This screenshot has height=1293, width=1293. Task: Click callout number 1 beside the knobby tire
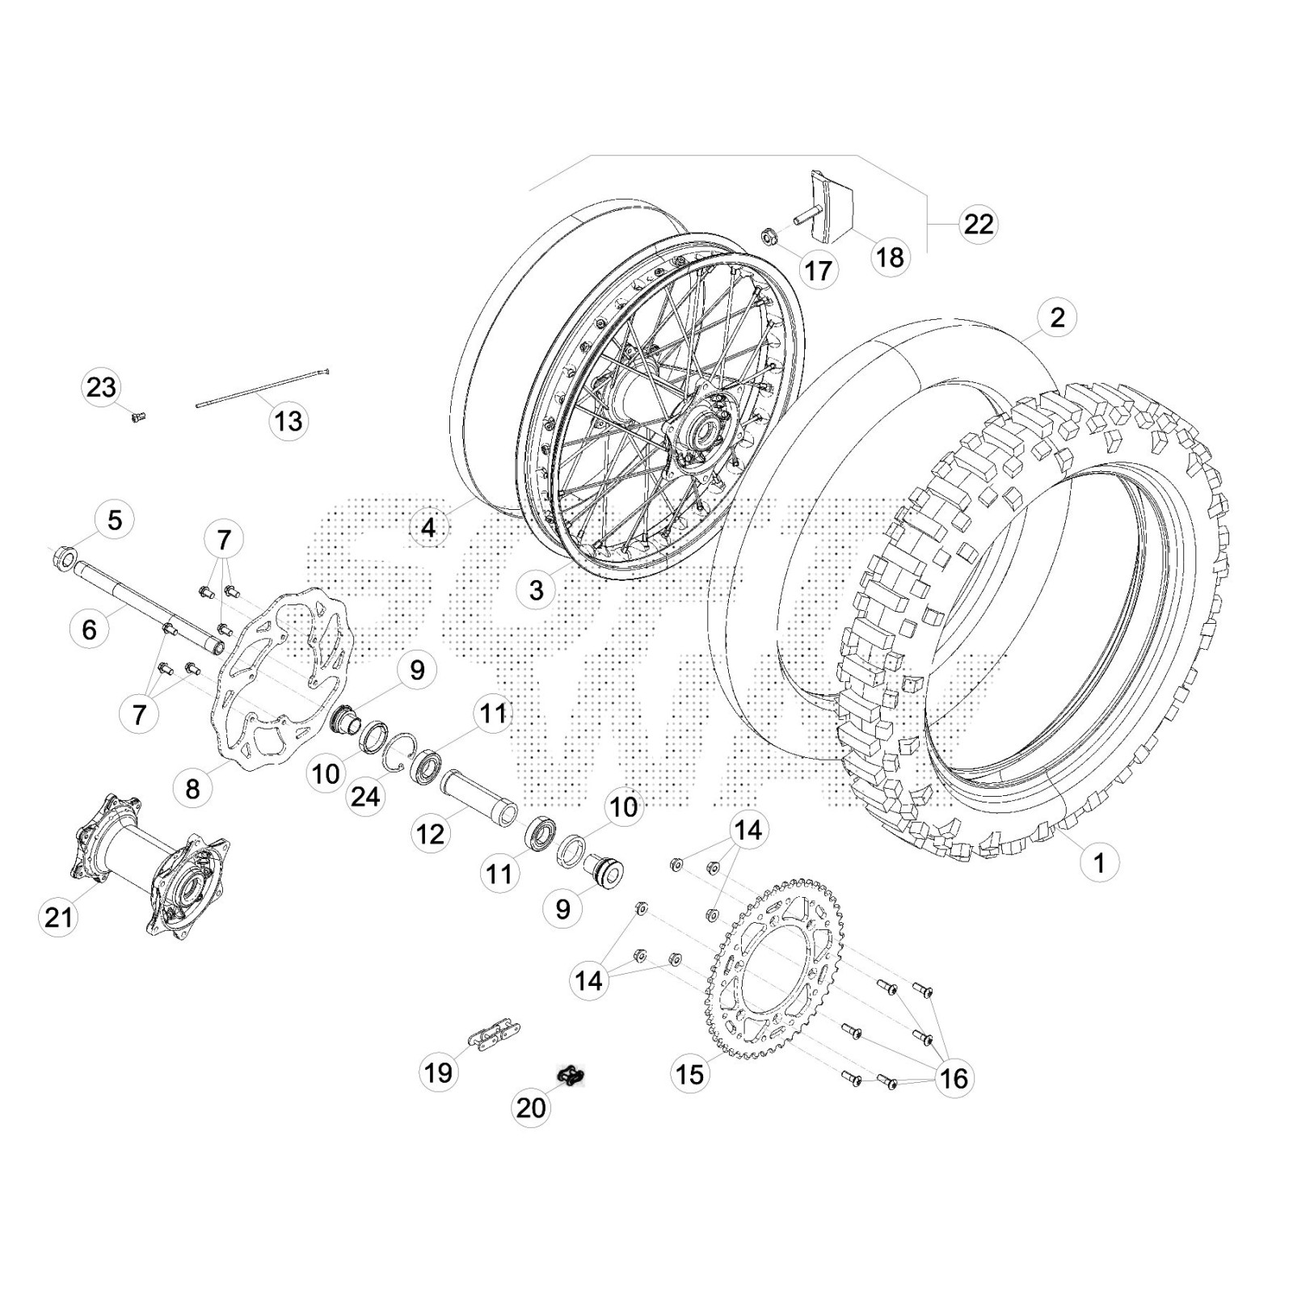point(1098,862)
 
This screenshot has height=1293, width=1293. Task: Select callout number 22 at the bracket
point(978,223)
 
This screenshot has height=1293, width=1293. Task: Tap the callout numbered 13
point(288,420)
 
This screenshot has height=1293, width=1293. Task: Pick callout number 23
point(101,387)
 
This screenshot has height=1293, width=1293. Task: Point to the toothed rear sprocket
point(776,970)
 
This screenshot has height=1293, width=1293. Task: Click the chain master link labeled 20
point(571,1076)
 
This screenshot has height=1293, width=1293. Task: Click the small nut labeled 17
point(768,238)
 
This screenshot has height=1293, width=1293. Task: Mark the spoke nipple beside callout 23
point(137,417)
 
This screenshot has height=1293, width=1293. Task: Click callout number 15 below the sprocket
point(689,1074)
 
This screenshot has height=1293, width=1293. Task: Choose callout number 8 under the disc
point(192,788)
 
